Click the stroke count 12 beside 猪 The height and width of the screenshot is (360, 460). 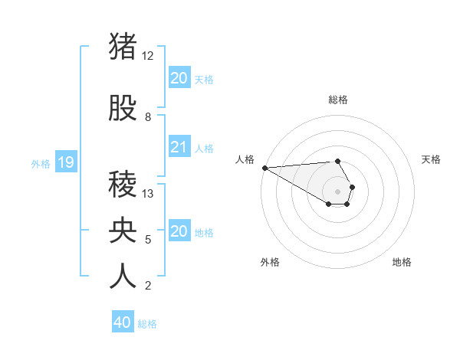coord(148,56)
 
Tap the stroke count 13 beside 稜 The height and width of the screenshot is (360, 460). coord(148,194)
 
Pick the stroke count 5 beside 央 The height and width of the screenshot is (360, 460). coord(148,240)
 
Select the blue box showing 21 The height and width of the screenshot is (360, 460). coord(179,147)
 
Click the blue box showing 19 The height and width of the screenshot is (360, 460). coord(66,162)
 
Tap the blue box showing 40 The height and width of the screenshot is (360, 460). coord(123,322)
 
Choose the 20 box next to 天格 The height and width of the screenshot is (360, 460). coord(179,78)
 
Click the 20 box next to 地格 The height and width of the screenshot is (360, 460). coord(179,231)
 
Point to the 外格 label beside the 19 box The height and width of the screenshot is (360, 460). coord(41,163)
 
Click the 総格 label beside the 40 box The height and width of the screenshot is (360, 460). coord(147,324)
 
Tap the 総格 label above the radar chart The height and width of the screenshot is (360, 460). coord(338,100)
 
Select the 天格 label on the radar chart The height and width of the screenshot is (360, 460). coord(432,159)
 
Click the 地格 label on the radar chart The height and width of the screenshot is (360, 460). coord(402,262)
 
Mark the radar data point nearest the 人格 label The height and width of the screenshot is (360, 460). coord(264,168)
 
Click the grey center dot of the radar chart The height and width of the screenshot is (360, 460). coord(338,191)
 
